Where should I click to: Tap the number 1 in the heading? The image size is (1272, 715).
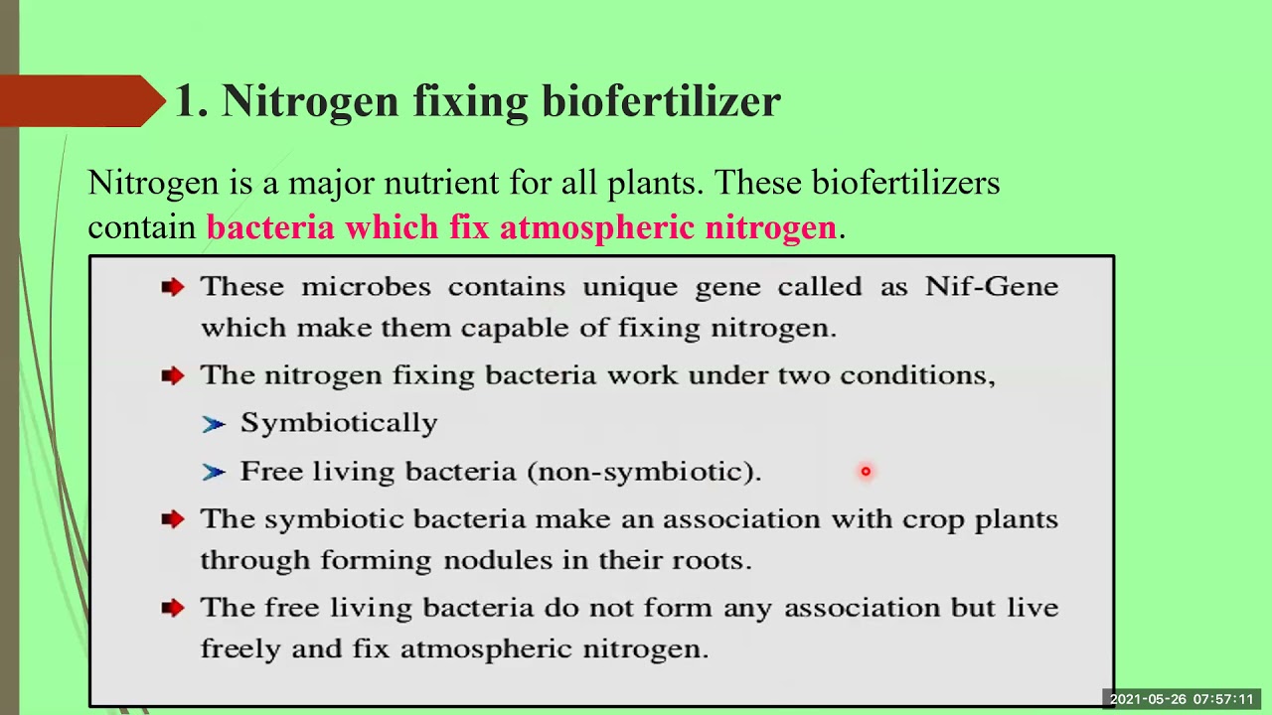tap(187, 101)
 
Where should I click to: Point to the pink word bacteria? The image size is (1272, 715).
tap(269, 227)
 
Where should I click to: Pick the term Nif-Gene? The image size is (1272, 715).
tap(991, 286)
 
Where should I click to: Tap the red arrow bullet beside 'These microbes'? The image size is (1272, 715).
tap(173, 287)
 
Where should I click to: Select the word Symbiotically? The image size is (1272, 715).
tap(338, 423)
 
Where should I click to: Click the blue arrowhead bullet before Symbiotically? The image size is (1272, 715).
tap(213, 424)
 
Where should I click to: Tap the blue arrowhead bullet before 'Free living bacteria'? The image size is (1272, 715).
tap(213, 473)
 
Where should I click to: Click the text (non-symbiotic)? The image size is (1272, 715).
tap(644, 472)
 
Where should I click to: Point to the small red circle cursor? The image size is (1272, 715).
tap(866, 472)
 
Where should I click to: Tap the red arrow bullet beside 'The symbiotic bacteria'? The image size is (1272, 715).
tap(173, 519)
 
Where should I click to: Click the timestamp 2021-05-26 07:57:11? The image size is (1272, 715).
tap(1182, 700)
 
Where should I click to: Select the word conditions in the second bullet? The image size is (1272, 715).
tap(916, 375)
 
